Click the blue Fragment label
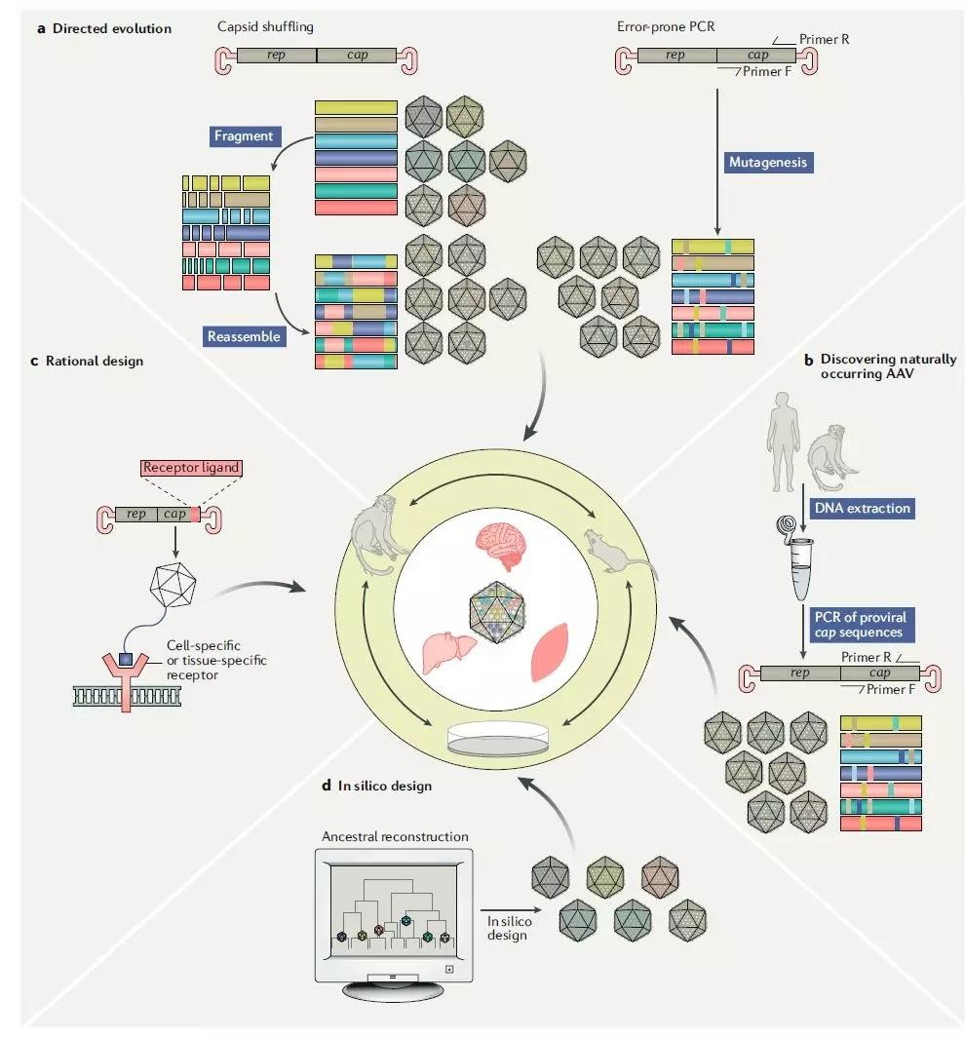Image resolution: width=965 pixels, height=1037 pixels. pyautogui.click(x=244, y=136)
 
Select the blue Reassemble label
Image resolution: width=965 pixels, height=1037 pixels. pyautogui.click(x=244, y=336)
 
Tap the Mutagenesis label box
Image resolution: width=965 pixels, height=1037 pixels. pyautogui.click(x=767, y=162)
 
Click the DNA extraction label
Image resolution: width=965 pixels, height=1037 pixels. pyautogui.click(x=862, y=508)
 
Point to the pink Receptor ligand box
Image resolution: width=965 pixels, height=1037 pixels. pyautogui.click(x=191, y=468)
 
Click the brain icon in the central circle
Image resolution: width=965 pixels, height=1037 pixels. pyautogui.click(x=502, y=545)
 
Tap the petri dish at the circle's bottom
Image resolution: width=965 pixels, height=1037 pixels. pyautogui.click(x=498, y=738)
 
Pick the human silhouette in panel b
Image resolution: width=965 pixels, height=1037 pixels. pyautogui.click(x=784, y=442)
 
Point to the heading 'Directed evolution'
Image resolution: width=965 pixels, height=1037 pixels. pyautogui.click(x=112, y=28)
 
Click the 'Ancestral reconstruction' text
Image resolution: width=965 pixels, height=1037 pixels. pyautogui.click(x=395, y=836)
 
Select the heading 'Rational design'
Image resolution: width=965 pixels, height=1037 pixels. pyautogui.click(x=95, y=361)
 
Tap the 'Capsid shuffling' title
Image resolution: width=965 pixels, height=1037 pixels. pyautogui.click(x=265, y=27)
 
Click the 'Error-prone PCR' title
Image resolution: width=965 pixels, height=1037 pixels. pyautogui.click(x=666, y=26)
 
